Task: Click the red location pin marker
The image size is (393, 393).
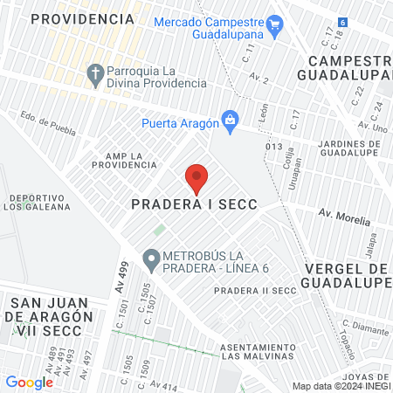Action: [196, 177]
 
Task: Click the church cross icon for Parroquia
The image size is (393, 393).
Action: [95, 72]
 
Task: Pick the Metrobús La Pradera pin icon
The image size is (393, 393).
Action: [150, 259]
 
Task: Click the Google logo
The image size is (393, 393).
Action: [29, 382]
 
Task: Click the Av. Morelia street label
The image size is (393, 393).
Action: [344, 215]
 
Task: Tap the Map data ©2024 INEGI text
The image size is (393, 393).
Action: [341, 386]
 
